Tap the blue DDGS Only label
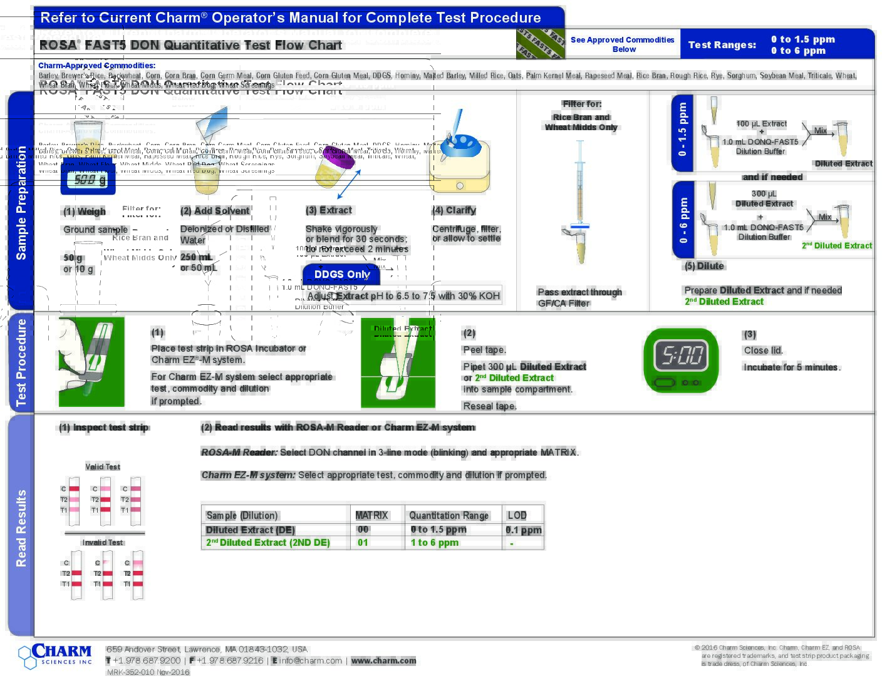342,274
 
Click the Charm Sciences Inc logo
56,655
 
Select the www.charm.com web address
383,660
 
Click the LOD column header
517,515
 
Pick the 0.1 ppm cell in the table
523,530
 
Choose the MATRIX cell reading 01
363,542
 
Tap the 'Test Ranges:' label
722,44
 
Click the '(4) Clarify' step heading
454,210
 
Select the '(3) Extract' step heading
329,210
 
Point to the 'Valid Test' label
103,466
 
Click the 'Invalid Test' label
103,542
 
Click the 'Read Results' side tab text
21,528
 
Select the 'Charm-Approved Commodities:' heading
96,65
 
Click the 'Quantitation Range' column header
449,515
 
